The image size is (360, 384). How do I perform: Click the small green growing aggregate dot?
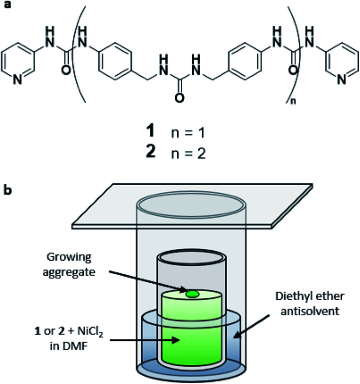191,294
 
